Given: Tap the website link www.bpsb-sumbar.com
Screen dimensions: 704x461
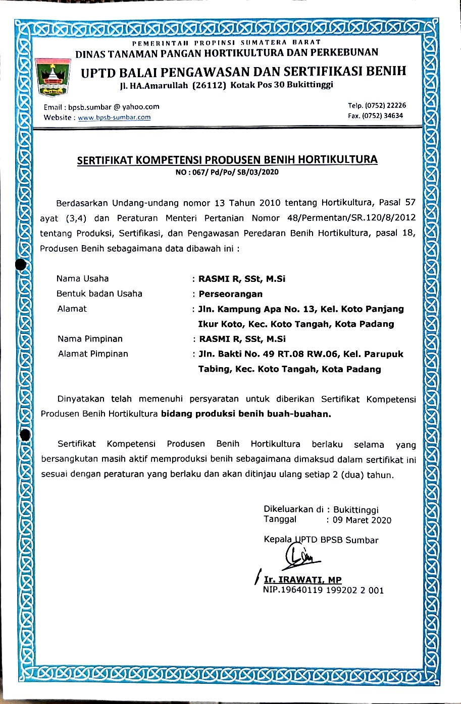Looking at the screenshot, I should [x=114, y=118].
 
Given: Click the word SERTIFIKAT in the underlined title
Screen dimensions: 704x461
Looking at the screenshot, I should [x=106, y=160].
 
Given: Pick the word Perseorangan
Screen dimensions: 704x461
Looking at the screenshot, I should [x=231, y=294].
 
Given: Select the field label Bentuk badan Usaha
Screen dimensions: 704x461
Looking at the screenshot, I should [x=99, y=294].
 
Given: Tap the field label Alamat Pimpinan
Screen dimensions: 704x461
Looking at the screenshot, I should [x=93, y=354].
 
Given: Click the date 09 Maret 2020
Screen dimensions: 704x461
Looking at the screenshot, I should [x=362, y=520].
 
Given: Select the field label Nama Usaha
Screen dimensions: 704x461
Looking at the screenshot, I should [x=82, y=278].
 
